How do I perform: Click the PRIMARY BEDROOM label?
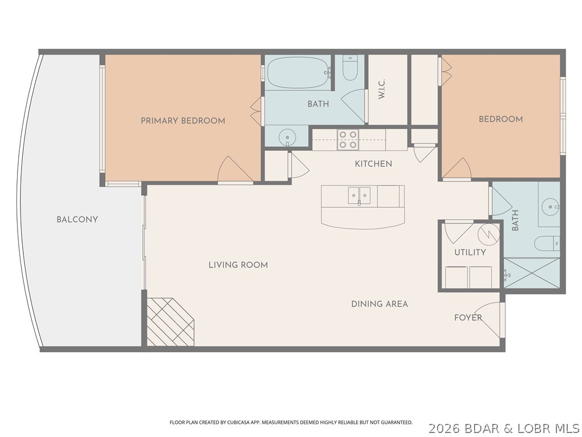point(183,121)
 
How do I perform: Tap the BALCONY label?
point(77,220)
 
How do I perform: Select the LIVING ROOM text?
point(238,265)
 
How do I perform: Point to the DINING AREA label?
point(379,304)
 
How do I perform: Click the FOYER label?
point(468,318)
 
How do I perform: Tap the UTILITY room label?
point(469,252)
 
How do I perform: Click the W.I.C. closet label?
point(382,89)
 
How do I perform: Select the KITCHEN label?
point(373,164)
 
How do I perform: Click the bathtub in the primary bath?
point(298,73)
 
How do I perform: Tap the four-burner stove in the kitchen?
point(347,140)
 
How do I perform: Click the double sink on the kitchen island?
point(358,195)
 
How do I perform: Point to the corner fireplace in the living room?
point(168,323)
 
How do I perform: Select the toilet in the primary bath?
point(350,69)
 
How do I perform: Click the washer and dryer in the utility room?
point(468,277)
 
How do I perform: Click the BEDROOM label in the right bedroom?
point(500,119)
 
